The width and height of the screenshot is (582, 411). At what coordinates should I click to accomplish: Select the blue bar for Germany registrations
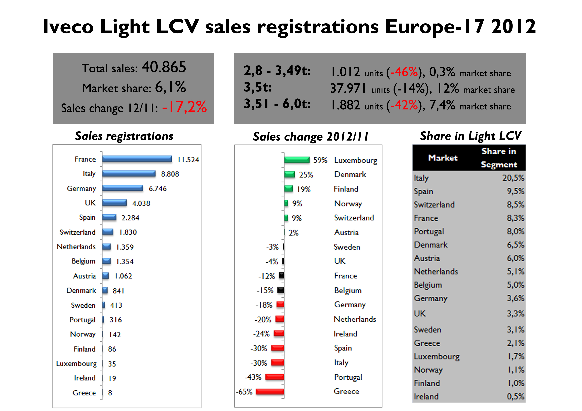tap(123, 188)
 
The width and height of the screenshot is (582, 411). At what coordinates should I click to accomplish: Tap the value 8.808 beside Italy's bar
tap(170, 174)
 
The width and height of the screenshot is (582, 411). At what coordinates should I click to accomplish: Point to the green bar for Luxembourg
tap(297, 160)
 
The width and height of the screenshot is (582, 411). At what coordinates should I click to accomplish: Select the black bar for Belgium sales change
tap(281, 290)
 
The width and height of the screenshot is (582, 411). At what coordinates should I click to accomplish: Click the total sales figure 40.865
tap(164, 67)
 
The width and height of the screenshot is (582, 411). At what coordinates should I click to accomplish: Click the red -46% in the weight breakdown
tap(404, 72)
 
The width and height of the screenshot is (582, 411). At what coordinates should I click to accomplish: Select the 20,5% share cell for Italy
tap(513, 178)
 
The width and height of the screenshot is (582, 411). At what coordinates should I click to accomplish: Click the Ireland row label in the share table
tap(426, 396)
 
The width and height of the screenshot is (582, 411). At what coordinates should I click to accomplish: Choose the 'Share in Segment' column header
tap(499, 158)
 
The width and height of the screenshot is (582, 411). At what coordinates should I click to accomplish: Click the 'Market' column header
tap(443, 158)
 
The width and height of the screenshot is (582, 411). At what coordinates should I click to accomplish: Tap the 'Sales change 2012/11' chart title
tap(311, 137)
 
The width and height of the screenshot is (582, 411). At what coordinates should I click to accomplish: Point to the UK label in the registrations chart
tap(90, 203)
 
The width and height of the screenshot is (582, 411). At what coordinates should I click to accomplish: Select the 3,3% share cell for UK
tap(515, 314)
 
